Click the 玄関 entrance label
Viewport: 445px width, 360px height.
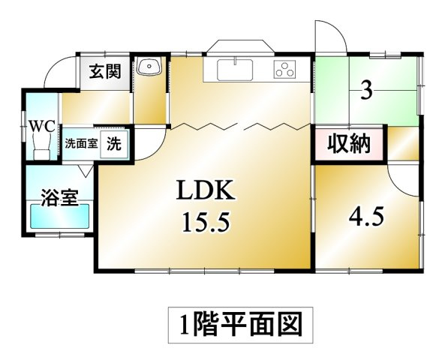[x=105, y=71]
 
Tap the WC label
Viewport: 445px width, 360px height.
[x=43, y=127]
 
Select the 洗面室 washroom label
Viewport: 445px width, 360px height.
[x=81, y=144]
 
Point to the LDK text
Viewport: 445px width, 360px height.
[x=206, y=190]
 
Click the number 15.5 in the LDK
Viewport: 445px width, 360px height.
[x=206, y=222]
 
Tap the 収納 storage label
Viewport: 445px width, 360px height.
[x=349, y=144]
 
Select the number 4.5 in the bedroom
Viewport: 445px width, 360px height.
[x=366, y=216]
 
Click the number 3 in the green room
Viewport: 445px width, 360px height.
[x=366, y=90]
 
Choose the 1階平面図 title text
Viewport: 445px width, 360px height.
[x=241, y=325]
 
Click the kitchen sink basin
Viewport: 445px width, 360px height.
[x=235, y=70]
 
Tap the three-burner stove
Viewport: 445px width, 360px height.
[x=284, y=69]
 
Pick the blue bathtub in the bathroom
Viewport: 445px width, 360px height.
[x=59, y=216]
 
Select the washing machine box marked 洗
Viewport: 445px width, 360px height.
[x=114, y=145]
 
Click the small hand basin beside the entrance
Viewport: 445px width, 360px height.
[x=149, y=66]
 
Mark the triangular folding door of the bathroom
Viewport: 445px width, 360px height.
[x=86, y=171]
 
